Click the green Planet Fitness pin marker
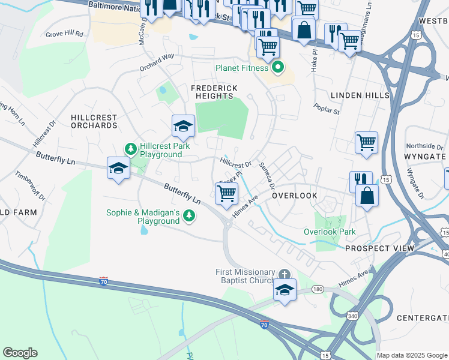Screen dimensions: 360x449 tap(277, 68)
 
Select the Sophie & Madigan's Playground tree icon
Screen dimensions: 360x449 tap(189, 215)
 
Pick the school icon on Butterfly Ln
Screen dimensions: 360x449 tap(119, 169)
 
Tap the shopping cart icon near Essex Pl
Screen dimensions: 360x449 tap(226, 194)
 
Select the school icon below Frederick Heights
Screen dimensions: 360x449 tap(183, 126)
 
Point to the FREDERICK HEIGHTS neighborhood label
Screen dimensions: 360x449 tap(214, 92)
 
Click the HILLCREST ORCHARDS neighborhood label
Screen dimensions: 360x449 tap(94, 121)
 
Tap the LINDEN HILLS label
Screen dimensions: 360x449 tap(360, 95)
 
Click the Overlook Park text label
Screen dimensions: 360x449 tap(330, 232)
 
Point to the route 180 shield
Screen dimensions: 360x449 tap(318, 290)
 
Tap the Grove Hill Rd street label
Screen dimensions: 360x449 tap(64, 35)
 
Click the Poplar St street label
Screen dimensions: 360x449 tap(327, 108)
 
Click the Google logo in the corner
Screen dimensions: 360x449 tap(20, 353)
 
